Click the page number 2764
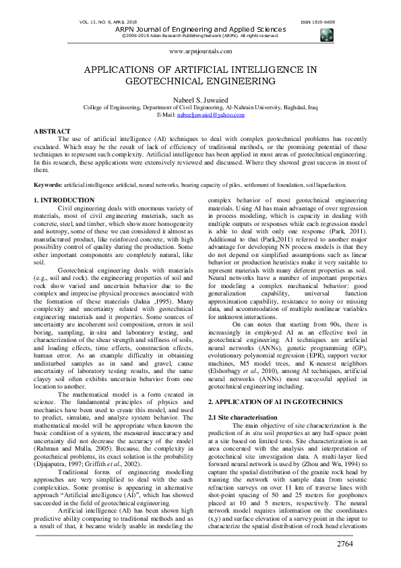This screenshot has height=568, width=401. pyautogui.click(x=372, y=543)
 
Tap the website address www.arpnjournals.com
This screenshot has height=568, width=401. pyautogui.click(x=199, y=51)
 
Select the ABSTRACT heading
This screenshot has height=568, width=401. pyautogui.click(x=52, y=131)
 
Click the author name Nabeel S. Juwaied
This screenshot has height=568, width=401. pyautogui.click(x=200, y=98)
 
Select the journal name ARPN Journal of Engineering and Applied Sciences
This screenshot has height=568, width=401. pyautogui.click(x=200, y=29)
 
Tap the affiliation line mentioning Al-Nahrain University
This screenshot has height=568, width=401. pyautogui.click(x=200, y=107)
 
